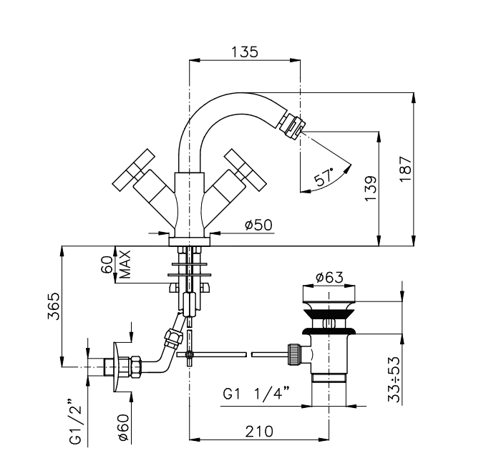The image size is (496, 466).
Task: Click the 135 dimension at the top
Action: tap(244, 52)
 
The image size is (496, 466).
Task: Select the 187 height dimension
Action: tap(406, 169)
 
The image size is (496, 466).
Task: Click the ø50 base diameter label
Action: tap(258, 225)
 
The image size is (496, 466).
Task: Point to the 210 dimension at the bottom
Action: tap(259, 432)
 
